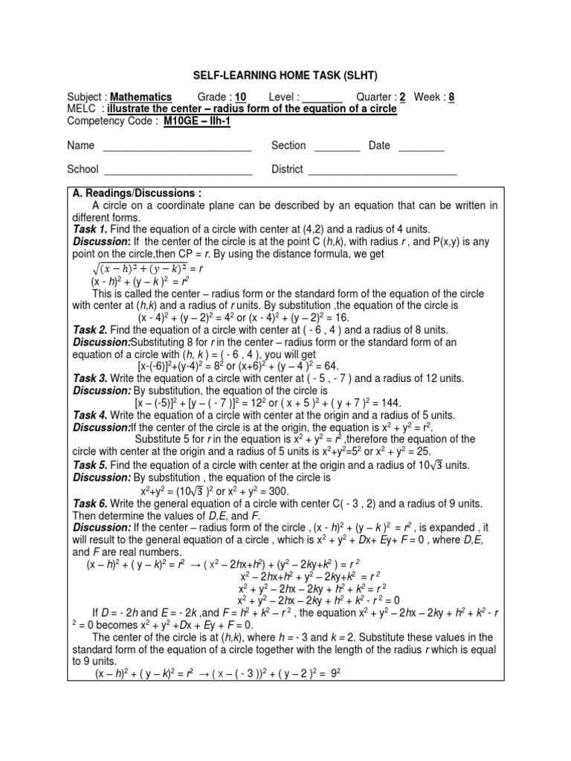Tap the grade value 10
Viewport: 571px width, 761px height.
click(240, 97)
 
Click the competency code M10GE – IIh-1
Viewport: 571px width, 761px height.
click(196, 121)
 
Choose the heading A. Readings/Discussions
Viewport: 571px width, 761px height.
click(127, 193)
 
